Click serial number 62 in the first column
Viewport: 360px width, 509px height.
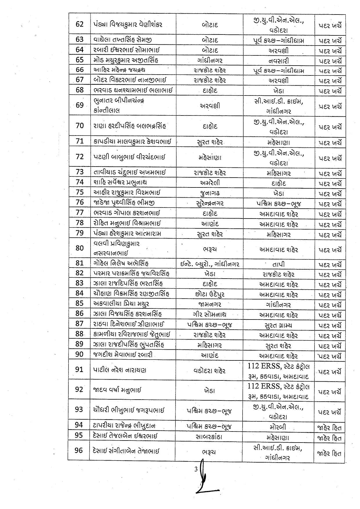79,24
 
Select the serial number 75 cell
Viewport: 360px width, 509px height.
79,192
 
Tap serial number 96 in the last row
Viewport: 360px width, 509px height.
79,450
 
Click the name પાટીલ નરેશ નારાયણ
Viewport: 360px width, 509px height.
120,370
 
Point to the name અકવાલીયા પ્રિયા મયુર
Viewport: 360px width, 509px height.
121,304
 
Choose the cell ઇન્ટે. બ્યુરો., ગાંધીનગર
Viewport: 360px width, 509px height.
209,264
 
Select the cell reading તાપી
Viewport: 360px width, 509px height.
278,264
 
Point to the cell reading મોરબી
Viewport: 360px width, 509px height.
278,427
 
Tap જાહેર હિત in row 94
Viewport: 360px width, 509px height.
330,427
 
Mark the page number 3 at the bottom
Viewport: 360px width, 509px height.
196,469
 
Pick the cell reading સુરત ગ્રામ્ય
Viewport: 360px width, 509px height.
278,325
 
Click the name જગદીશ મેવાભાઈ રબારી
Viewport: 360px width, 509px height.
123,355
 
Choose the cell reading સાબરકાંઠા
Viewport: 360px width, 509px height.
209,436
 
